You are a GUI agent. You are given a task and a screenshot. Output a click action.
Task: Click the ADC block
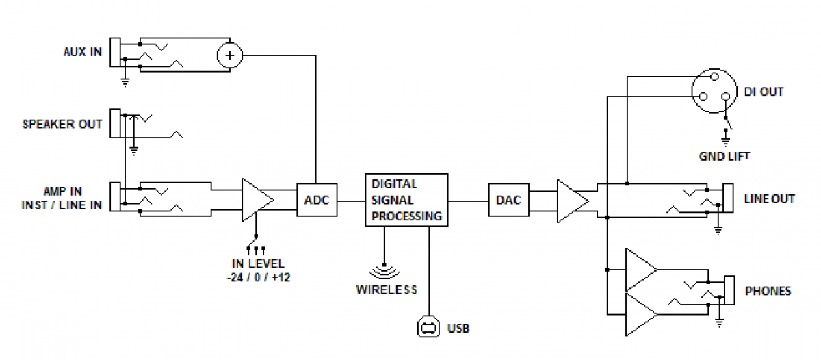point(315,200)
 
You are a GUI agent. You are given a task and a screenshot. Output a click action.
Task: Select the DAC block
point(508,200)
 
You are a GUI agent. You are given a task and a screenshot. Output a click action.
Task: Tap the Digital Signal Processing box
point(406,200)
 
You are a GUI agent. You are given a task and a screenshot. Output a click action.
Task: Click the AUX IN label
point(82,52)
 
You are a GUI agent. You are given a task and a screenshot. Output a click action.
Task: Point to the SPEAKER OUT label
point(62,125)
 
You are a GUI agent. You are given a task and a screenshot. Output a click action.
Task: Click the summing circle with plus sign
point(229,55)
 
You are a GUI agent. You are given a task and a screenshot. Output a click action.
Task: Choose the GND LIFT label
point(725,156)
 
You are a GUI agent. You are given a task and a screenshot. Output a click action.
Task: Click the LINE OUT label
point(769,199)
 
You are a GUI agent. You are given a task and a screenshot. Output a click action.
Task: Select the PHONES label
point(768,291)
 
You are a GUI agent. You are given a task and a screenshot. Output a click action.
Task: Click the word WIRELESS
point(387,290)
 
